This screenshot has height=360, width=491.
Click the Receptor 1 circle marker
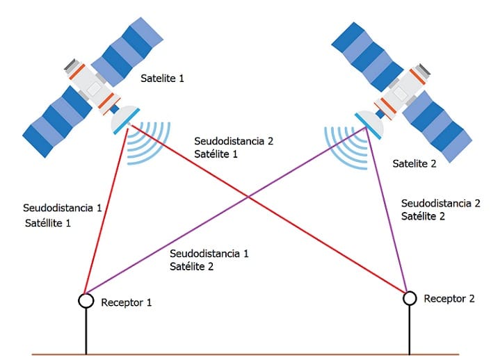[86, 300]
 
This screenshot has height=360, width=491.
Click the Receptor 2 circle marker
[409, 298]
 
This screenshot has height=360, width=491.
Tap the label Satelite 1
[162, 79]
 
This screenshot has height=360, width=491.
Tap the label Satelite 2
[414, 164]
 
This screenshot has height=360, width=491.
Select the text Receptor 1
[126, 302]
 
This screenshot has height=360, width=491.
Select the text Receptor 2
[449, 299]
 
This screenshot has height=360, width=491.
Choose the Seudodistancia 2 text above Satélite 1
[234, 141]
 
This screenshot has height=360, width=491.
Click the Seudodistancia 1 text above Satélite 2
[209, 253]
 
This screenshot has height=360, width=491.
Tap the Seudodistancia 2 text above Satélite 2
[440, 204]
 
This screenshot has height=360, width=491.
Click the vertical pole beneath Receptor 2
[409, 330]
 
